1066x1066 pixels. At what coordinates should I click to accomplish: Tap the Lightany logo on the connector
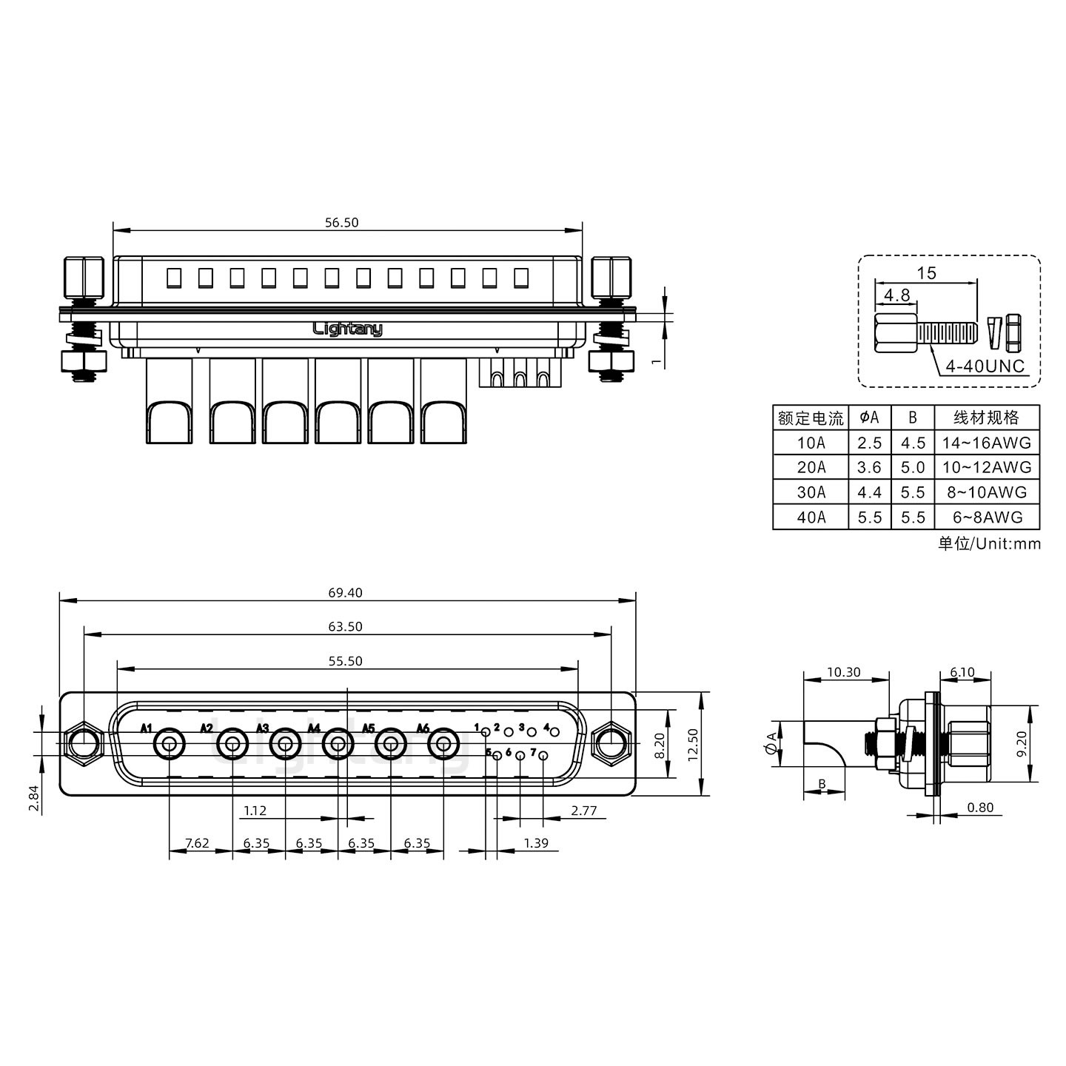click(x=348, y=329)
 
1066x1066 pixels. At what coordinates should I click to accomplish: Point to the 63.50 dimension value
click(x=346, y=626)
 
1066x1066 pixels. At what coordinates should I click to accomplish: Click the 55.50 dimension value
click(x=346, y=661)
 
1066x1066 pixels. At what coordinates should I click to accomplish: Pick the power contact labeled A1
click(x=169, y=744)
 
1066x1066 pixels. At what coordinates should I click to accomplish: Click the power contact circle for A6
click(x=443, y=744)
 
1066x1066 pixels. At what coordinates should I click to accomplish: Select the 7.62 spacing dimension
click(x=197, y=843)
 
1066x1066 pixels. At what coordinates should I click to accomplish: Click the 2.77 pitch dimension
click(x=583, y=811)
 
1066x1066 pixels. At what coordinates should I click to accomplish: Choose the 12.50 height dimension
click(x=693, y=742)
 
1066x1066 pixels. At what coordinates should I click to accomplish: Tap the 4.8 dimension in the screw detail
click(x=896, y=295)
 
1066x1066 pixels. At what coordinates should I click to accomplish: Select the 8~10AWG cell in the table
click(x=987, y=492)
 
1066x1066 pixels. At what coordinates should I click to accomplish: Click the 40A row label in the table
click(x=811, y=517)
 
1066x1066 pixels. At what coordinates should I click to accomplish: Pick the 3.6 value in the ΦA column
click(x=869, y=467)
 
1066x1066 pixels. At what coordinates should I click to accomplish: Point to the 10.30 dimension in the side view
click(x=843, y=672)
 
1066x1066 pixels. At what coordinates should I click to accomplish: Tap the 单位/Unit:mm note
click(x=989, y=544)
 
